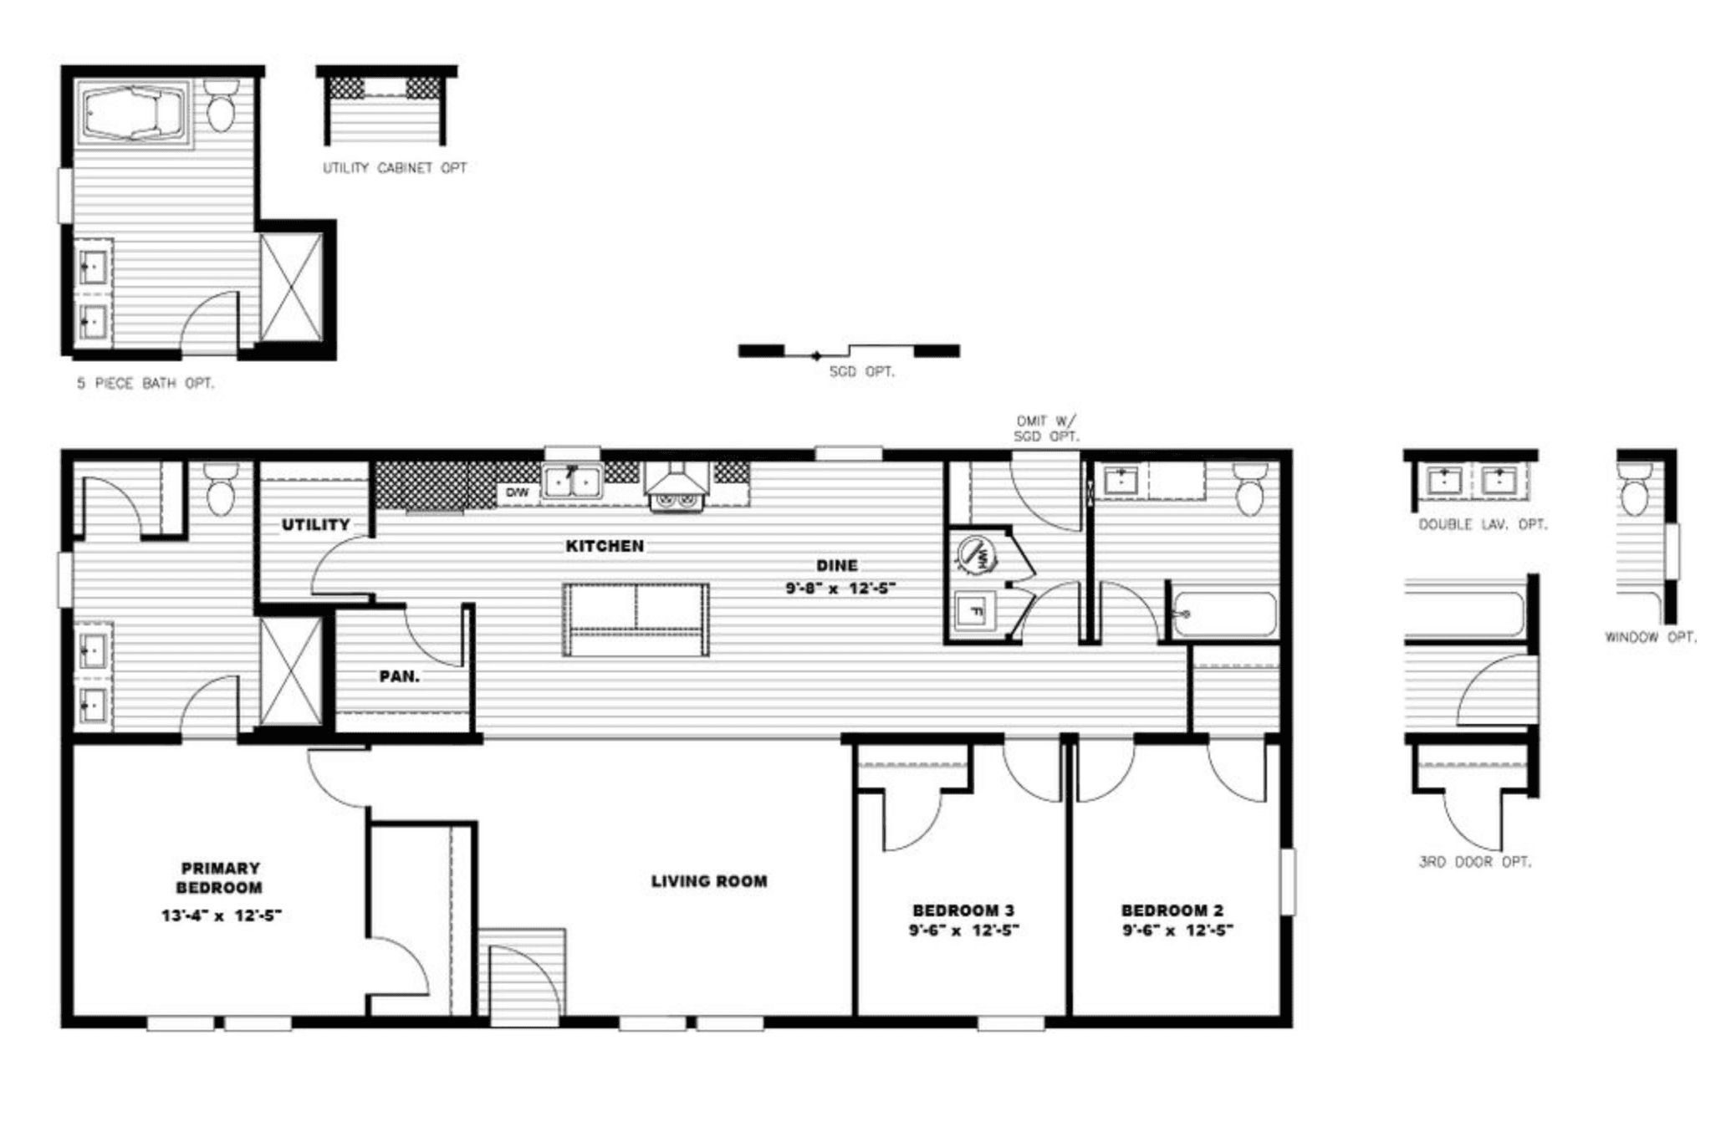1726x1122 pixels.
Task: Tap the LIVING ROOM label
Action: tap(709, 881)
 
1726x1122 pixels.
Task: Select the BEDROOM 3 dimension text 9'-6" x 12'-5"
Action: tap(963, 930)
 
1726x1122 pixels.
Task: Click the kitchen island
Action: tap(636, 619)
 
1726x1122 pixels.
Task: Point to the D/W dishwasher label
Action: tap(518, 492)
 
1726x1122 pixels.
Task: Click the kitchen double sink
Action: tap(572, 482)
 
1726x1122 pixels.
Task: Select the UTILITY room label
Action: tap(315, 525)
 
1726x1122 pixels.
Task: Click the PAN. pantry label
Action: tap(400, 676)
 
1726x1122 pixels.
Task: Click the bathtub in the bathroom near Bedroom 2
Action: tap(1223, 615)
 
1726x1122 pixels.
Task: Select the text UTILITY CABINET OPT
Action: tap(395, 168)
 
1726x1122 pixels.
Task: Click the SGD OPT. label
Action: tap(861, 372)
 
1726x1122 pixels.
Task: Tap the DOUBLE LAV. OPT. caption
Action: tap(1483, 525)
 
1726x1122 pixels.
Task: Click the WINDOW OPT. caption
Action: tap(1650, 637)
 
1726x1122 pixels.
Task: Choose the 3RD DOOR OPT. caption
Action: tap(1475, 862)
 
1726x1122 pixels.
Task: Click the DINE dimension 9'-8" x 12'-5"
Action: tap(840, 588)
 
